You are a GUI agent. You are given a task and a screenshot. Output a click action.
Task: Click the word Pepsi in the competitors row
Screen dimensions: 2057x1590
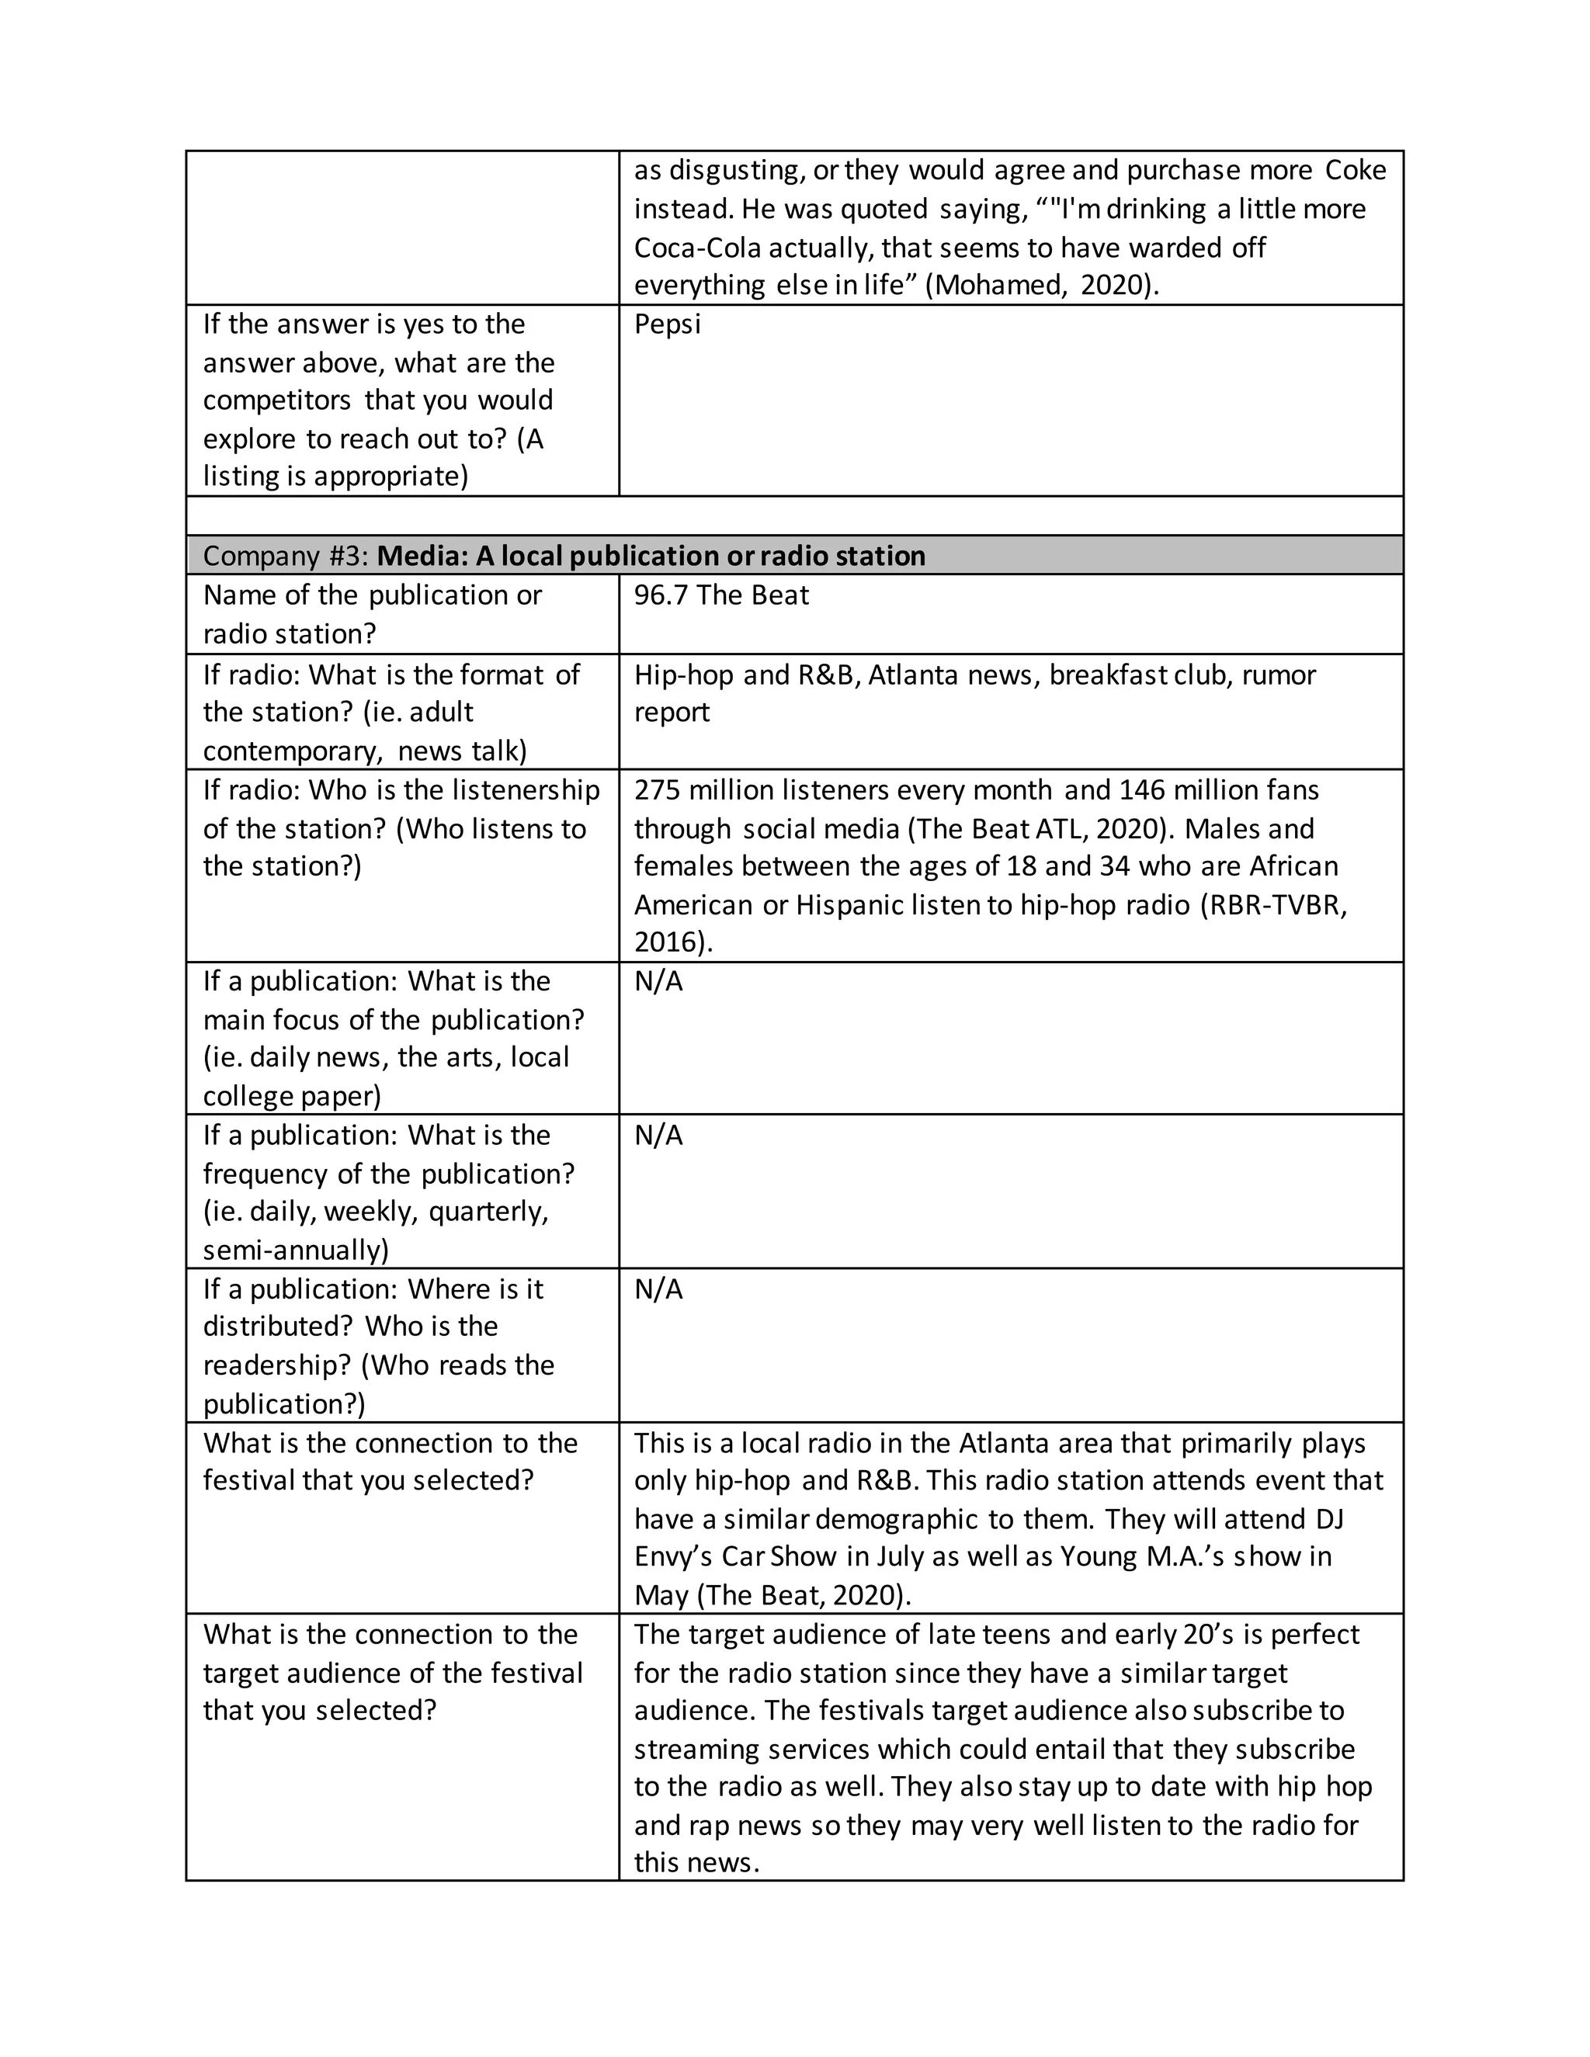[667, 324]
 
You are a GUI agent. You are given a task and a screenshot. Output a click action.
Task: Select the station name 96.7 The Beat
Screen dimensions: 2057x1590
[720, 595]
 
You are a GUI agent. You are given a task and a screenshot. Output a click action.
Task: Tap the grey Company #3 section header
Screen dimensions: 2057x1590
[794, 556]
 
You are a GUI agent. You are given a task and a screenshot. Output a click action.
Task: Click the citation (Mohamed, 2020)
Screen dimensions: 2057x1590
[1042, 284]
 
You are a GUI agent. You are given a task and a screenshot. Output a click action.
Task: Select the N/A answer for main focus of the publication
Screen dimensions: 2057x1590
[658, 981]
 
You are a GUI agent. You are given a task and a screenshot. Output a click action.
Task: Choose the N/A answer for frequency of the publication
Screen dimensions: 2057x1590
[658, 1135]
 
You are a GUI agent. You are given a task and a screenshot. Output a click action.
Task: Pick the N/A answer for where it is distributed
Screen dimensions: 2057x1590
[658, 1289]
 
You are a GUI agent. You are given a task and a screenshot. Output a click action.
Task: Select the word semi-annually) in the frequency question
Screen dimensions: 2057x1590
[296, 1250]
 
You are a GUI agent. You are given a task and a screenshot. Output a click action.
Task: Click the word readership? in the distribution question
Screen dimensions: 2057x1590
[278, 1365]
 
